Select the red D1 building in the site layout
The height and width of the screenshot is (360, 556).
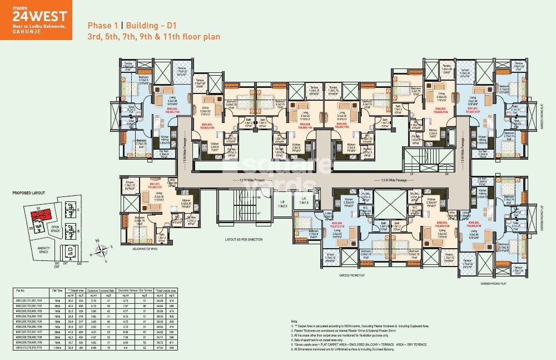[42, 214]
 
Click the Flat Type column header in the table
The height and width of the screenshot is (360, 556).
[57, 290]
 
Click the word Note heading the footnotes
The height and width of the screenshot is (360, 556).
[294, 322]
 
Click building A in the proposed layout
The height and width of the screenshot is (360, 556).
[70, 259]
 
